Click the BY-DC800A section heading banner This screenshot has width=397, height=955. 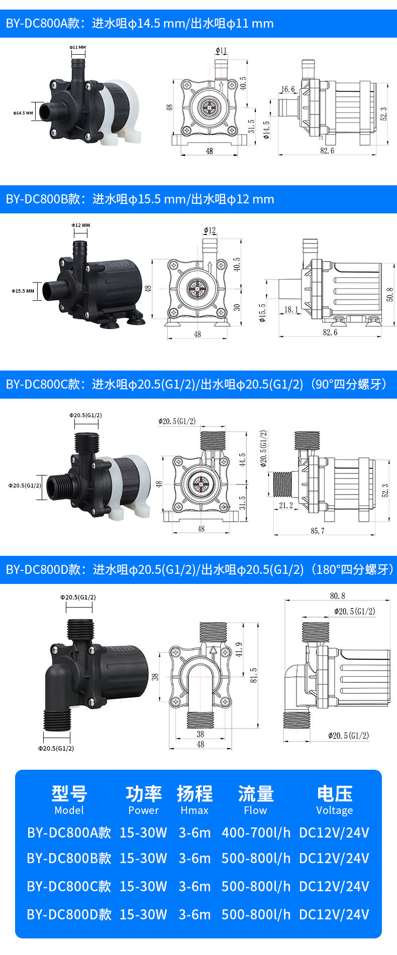[x=198, y=24]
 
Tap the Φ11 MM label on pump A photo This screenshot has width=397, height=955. [x=77, y=47]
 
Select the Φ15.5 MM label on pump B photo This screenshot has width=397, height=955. [x=23, y=291]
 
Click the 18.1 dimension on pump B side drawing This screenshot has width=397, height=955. [x=291, y=310]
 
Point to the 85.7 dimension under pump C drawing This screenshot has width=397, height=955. [x=318, y=530]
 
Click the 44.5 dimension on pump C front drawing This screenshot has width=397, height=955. [x=242, y=460]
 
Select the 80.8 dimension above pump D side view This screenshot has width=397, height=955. [x=338, y=595]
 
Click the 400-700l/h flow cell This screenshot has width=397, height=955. [x=256, y=832]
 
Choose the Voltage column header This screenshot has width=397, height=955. [x=334, y=810]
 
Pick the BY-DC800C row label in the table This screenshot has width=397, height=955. [x=69, y=886]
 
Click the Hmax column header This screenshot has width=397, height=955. [x=194, y=810]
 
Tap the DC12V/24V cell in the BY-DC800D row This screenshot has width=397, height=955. [x=334, y=914]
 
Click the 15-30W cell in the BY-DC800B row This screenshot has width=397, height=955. [x=143, y=858]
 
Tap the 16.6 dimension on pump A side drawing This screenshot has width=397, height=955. [x=288, y=89]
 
